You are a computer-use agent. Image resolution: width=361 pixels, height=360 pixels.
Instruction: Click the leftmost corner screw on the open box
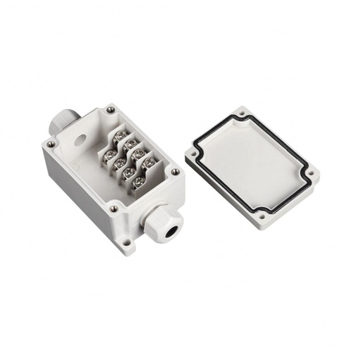click(x=51, y=144)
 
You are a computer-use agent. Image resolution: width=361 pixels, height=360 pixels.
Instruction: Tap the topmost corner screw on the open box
click(x=111, y=109)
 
